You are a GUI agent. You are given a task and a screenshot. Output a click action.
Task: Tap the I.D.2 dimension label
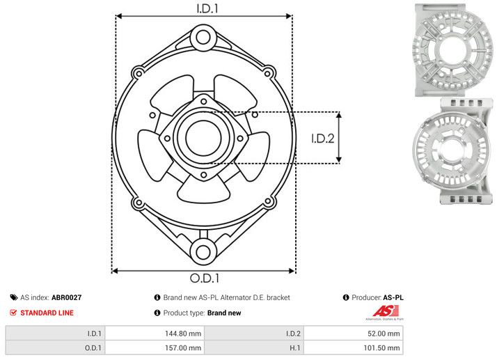tap(324, 138)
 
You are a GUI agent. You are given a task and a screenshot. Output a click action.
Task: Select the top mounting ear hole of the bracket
tap(203, 36)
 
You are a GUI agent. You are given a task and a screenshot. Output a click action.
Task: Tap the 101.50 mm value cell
tap(383, 347)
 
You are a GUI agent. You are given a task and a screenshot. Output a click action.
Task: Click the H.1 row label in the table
tap(294, 347)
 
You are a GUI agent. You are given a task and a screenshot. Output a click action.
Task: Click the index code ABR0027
tap(67, 297)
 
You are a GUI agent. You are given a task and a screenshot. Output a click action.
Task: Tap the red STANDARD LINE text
tap(47, 313)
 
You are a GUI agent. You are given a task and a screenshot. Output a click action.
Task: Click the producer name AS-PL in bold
tap(393, 297)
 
